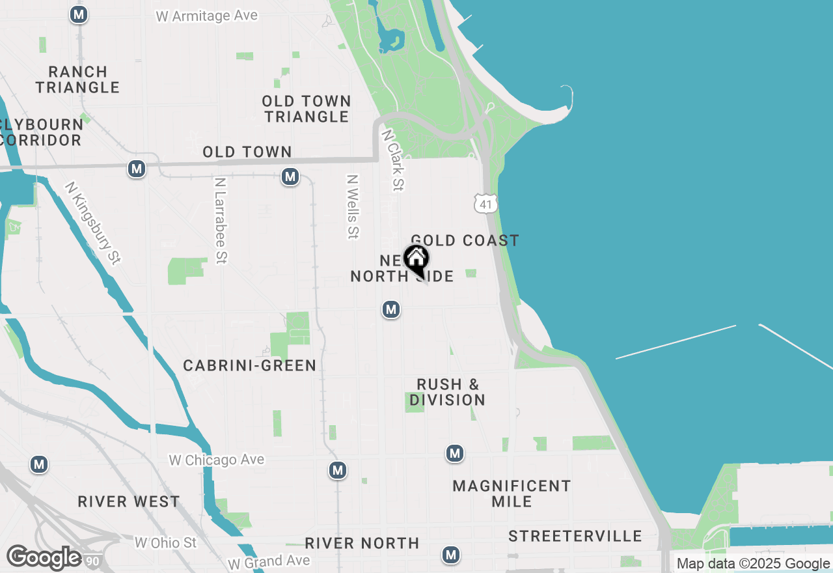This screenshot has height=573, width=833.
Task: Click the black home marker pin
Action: [x=416, y=260]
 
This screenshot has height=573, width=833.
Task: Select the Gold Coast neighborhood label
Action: [x=465, y=240]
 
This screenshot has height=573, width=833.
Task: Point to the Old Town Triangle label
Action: [x=307, y=109]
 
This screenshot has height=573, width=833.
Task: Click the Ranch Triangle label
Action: [x=77, y=79]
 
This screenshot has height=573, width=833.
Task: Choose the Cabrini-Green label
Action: [x=249, y=366]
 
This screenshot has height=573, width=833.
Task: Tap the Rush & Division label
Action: [x=447, y=392]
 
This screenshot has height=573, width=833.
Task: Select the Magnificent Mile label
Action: [x=512, y=494]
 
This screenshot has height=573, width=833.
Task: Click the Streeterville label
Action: [x=575, y=537]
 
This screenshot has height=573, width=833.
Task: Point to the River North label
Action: [x=362, y=543]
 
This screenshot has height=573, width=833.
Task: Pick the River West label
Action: [x=129, y=501]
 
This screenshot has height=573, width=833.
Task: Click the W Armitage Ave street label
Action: [x=207, y=16]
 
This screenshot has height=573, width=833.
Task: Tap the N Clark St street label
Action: [x=394, y=160]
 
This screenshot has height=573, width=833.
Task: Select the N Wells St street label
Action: [x=353, y=206]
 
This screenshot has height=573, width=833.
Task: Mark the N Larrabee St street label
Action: [x=221, y=220]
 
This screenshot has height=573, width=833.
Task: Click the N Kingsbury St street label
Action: [x=93, y=223]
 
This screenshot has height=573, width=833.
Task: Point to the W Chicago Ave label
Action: [x=217, y=460]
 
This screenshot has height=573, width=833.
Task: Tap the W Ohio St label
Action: [x=165, y=542]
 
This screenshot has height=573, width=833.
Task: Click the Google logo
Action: [x=44, y=558]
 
